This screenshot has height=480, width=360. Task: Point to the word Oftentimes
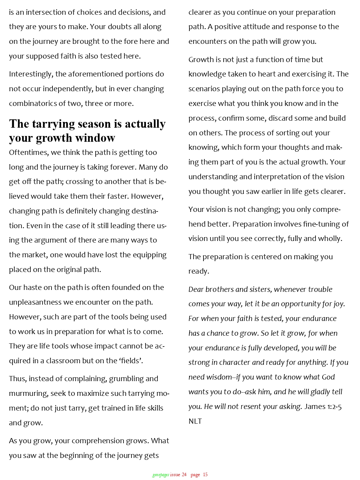[x=28, y=153]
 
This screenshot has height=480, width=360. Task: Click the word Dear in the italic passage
[x=196, y=289]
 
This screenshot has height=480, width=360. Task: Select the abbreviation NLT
[x=195, y=421]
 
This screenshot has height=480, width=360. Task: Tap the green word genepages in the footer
[x=161, y=475]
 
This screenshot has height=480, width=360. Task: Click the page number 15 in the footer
[x=205, y=475]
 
